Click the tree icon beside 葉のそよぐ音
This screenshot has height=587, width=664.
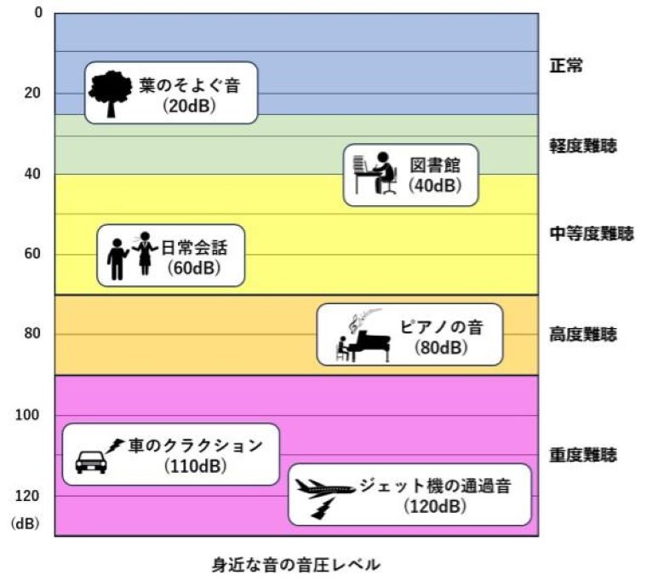pos(111,92)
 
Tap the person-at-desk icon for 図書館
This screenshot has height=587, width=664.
pos(374,174)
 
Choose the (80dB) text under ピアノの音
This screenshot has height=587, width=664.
pos(438,347)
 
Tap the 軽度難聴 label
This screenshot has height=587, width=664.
pos(583,145)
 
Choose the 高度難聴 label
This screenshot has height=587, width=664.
pos(583,334)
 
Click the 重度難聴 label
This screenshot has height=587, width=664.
pos(583,455)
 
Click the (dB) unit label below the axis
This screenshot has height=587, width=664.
pos(26,525)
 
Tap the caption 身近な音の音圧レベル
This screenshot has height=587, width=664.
pos(295,564)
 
